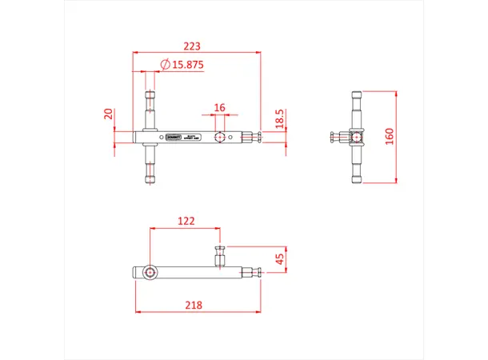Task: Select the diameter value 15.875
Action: tap(186, 65)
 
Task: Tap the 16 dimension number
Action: tap(220, 106)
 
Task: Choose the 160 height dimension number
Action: tap(390, 136)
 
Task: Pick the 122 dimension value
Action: tap(186, 221)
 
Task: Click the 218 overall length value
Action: tap(193, 305)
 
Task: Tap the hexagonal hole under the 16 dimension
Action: tap(219, 138)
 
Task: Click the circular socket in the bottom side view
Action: tap(150, 273)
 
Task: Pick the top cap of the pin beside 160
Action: tap(356, 94)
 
